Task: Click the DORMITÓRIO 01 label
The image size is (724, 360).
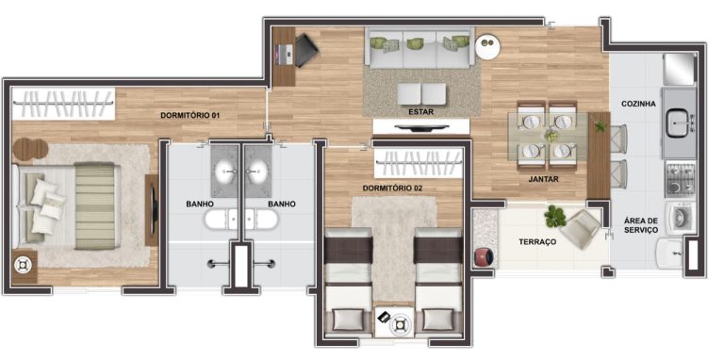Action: coord(189,115)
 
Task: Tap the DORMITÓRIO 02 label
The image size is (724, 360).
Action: coord(392,188)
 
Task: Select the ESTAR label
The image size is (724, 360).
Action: coord(420,112)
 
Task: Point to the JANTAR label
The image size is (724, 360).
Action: coord(543,180)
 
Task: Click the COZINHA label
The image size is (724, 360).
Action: coord(638,104)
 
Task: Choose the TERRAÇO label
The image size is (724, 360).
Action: coord(537,242)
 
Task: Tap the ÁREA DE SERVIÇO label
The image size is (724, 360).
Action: coord(641,225)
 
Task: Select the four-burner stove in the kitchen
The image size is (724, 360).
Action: coord(680,179)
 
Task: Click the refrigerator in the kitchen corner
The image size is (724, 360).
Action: coord(679,69)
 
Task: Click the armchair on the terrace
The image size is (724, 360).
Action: coord(580,229)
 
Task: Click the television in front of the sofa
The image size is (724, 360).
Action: coord(421,127)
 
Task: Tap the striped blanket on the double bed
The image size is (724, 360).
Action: coord(94,205)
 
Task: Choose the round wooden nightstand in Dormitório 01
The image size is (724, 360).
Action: coord(30,150)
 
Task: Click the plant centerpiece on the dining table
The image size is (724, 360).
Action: coord(551,136)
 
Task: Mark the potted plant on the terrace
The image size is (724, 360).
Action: coord(555,216)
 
